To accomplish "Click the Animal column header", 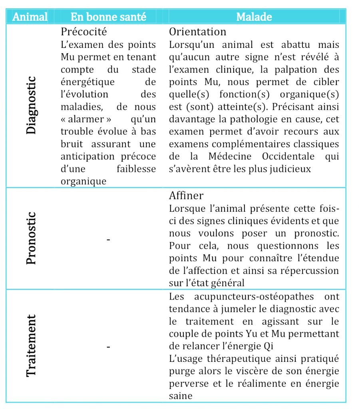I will tap(30, 16).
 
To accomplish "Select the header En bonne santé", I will tap(108, 16).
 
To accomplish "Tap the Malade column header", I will tap(254, 16).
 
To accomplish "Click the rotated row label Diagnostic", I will tap(31, 105).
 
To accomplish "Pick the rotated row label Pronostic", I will tap(31, 238).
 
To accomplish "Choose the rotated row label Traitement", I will tap(31, 346).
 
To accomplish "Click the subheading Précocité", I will tap(84, 31).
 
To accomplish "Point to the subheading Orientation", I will tap(197, 31).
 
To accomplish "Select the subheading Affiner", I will tap(186, 195).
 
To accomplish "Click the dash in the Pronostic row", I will tap(108, 239).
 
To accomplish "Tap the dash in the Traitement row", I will tap(108, 347).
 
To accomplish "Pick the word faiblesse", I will tap(136, 169).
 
